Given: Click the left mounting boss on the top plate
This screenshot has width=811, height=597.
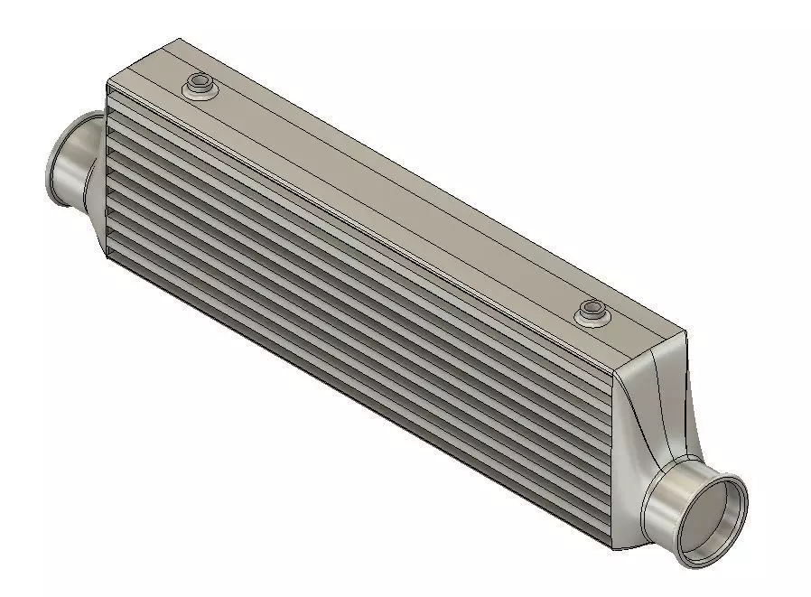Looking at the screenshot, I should click(x=199, y=88).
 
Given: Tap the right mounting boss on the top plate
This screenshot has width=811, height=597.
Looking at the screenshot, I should click(x=592, y=312).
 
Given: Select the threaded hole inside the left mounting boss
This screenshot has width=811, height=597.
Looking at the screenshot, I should click(x=199, y=83).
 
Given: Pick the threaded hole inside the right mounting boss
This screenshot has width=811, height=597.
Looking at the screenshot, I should click(x=592, y=308).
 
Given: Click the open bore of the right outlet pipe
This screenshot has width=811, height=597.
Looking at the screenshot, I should click(x=716, y=523).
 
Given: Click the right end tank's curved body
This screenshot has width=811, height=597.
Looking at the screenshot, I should click(x=655, y=424).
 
